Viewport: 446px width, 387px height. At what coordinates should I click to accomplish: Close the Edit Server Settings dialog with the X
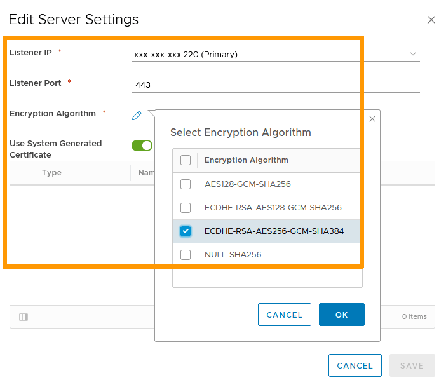pyautogui.click(x=431, y=20)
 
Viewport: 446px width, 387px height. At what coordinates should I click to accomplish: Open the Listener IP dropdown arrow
pyautogui.click(x=413, y=54)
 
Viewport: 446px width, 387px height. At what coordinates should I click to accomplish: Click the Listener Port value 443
pyautogui.click(x=143, y=85)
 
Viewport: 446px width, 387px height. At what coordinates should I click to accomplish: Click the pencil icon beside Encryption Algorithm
pyautogui.click(x=137, y=116)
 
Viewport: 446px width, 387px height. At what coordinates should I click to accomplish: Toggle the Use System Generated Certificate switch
pyautogui.click(x=142, y=146)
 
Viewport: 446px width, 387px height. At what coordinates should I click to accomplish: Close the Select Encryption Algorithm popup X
pyautogui.click(x=372, y=119)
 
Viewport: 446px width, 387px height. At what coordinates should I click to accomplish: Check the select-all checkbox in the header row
pyautogui.click(x=186, y=160)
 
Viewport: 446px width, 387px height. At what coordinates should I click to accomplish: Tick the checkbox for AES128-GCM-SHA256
pyautogui.click(x=186, y=184)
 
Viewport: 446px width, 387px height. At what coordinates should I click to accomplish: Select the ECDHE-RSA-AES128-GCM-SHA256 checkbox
pyautogui.click(x=186, y=208)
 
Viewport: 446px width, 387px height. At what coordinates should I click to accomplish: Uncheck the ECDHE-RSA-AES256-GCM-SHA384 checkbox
pyautogui.click(x=186, y=231)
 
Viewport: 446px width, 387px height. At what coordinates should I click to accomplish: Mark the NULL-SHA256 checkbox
pyautogui.click(x=186, y=255)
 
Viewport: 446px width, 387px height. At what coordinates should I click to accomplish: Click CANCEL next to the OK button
pyautogui.click(x=285, y=315)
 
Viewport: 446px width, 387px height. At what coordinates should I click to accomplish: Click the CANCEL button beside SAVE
pyautogui.click(x=355, y=365)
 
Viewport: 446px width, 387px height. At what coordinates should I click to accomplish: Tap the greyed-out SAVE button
pyautogui.click(x=412, y=365)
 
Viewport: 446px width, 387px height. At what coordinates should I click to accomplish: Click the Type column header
pyautogui.click(x=51, y=172)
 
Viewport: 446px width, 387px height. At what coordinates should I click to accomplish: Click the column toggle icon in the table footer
pyautogui.click(x=24, y=317)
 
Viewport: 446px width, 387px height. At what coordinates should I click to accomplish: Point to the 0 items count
pyautogui.click(x=414, y=316)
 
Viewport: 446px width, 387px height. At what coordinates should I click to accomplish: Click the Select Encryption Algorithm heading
pyautogui.click(x=241, y=133)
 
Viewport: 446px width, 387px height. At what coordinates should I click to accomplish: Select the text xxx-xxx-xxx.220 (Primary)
pyautogui.click(x=186, y=55)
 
